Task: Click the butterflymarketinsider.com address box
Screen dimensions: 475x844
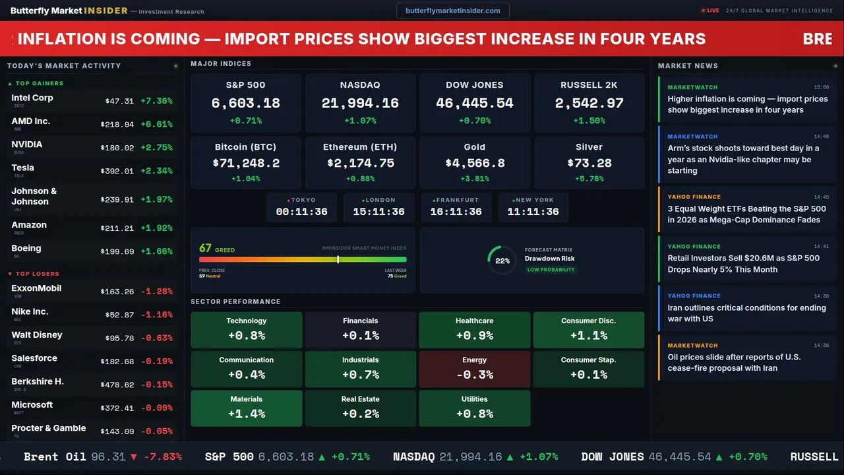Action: click(452, 11)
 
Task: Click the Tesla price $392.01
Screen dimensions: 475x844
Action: click(117, 171)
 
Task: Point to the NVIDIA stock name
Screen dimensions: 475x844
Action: click(27, 144)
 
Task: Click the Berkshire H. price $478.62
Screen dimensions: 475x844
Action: click(117, 385)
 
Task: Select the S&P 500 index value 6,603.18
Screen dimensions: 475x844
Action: click(245, 104)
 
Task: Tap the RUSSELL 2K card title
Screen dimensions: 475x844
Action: click(589, 85)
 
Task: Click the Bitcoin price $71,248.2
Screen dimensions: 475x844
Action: click(245, 163)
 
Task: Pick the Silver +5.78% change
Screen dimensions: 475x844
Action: click(589, 179)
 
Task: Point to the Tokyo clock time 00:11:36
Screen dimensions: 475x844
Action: click(301, 212)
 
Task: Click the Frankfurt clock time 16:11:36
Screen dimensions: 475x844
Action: click(456, 212)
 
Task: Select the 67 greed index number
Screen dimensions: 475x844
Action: click(205, 248)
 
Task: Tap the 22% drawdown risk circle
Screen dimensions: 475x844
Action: click(502, 261)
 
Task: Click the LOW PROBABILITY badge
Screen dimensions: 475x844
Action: click(551, 270)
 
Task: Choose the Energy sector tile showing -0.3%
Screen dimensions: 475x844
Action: click(474, 369)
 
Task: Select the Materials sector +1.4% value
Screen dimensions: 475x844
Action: click(247, 414)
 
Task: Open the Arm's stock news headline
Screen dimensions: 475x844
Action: click(743, 159)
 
